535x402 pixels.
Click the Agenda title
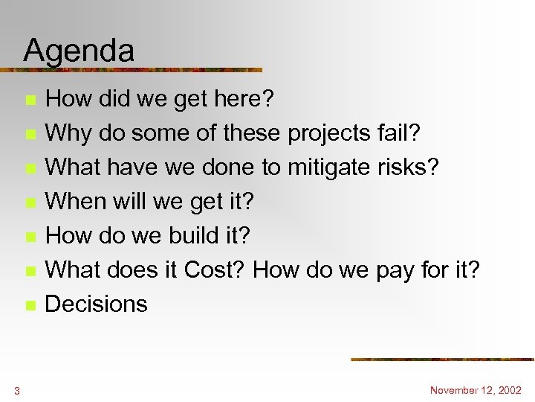(x=79, y=51)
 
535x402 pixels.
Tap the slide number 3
(x=16, y=390)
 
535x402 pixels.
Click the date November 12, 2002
(x=476, y=390)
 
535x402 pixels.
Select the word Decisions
(x=97, y=304)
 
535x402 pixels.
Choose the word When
(x=77, y=201)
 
